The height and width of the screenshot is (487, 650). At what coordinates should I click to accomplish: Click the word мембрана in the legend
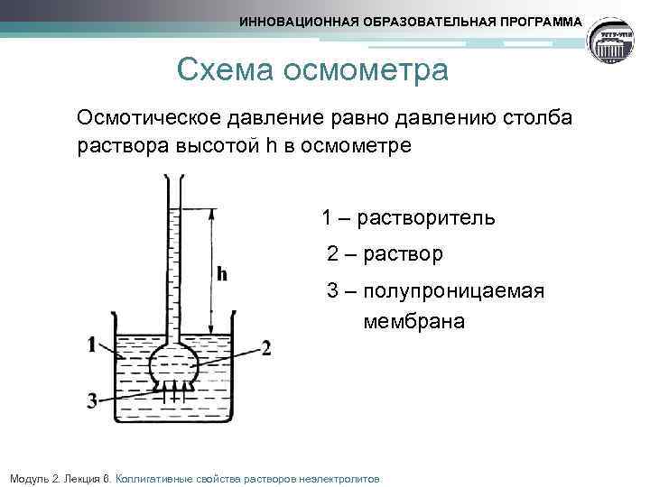(413, 320)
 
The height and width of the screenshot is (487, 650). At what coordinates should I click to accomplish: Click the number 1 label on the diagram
(93, 344)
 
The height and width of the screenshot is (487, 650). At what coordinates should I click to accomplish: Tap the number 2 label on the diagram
(265, 348)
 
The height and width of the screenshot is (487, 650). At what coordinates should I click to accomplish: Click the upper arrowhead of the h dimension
(210, 215)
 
